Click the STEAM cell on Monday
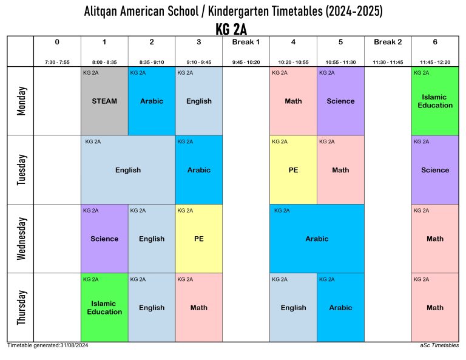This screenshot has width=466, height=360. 104,101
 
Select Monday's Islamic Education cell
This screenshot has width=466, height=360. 435,101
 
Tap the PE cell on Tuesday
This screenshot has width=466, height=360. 293,170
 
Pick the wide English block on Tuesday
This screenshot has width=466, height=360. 128,170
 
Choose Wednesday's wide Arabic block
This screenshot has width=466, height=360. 317,239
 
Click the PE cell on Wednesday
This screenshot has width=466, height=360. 199,239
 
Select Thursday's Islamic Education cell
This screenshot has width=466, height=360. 104,307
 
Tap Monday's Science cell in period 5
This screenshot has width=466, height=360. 340,101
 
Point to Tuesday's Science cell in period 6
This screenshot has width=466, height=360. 435,170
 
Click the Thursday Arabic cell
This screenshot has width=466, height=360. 340,307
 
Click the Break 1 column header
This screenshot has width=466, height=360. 246,42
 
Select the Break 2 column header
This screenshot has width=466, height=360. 388,42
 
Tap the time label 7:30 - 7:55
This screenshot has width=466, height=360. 57,62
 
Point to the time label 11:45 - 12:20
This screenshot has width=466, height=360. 435,62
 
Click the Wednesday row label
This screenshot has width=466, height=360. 21,239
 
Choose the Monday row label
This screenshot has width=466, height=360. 21,101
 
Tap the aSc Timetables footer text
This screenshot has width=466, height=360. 439,345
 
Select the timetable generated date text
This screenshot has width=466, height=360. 48,345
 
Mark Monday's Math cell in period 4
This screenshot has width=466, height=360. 293,101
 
